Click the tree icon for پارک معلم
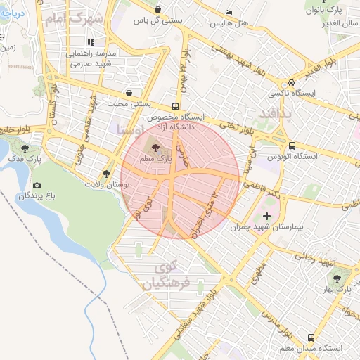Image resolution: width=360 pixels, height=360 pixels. click(155, 148)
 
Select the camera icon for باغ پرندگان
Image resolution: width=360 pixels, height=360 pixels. click(37, 185)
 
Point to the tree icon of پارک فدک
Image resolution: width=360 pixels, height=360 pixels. click(25, 148)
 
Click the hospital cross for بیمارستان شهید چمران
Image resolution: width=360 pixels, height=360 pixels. click(266, 216)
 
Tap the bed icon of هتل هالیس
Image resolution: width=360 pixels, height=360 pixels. click(229, 13)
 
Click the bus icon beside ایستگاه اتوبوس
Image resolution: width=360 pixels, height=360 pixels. click(292, 147)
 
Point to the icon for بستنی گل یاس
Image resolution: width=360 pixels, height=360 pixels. click(156, 10)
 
